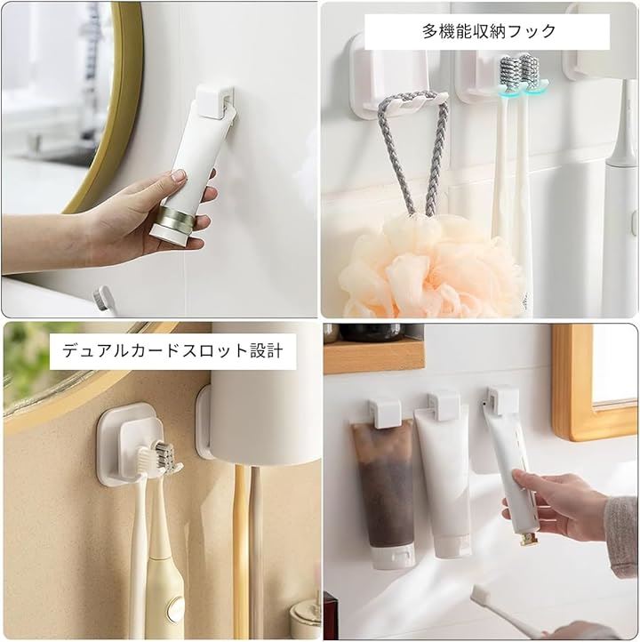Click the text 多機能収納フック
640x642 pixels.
(489, 31)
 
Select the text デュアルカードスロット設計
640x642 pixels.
(172, 351)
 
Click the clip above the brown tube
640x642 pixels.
(384, 413)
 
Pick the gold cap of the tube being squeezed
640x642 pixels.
(527, 539)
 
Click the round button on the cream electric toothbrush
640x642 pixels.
(176, 606)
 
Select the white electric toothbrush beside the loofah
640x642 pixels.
(620, 197)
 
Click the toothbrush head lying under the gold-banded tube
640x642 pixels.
(101, 298)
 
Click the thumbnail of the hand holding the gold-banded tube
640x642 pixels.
(179, 176)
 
